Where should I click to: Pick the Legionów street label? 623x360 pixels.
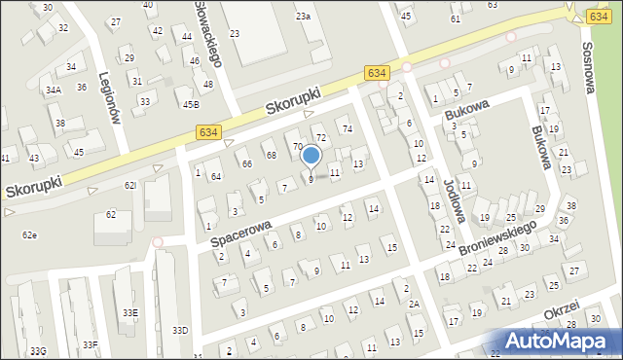pyautogui.click(x=115, y=101)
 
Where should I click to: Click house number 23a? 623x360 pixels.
pyautogui.click(x=304, y=17)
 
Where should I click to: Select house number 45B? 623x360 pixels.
pyautogui.click(x=191, y=104)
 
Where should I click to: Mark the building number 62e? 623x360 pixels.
pyautogui.click(x=30, y=235)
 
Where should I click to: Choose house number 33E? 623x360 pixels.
pyautogui.click(x=129, y=312)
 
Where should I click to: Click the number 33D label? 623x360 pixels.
pyautogui.click(x=180, y=331)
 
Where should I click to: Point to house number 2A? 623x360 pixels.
pyautogui.click(x=414, y=305)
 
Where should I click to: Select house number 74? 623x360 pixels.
pyautogui.click(x=345, y=129)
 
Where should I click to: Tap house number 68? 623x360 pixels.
pyautogui.click(x=271, y=156)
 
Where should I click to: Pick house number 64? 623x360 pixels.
pyautogui.click(x=216, y=176)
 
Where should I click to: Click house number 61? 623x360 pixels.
pyautogui.click(x=456, y=19)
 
